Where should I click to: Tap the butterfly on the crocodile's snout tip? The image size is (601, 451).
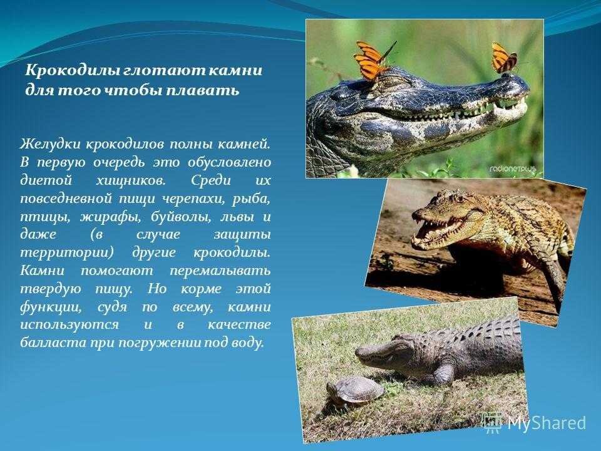tap(504, 58)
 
